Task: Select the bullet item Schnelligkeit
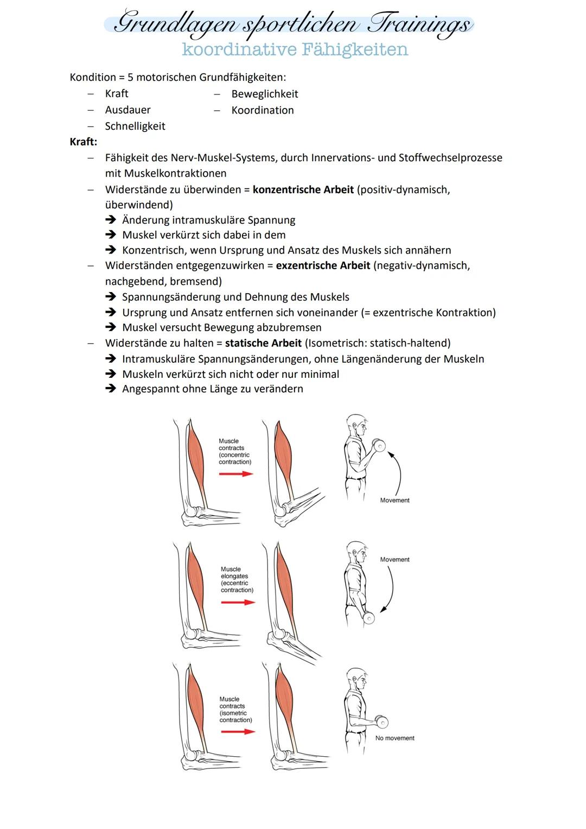pos(135,126)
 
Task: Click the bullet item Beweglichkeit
pos(264,94)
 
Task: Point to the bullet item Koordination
pos(262,110)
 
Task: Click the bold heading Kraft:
pos(84,142)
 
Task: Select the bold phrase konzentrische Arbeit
pos(303,190)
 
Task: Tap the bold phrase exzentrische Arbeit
pos(323,266)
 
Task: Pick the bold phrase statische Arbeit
pos(263,343)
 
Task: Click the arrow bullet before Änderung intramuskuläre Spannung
pos(111,220)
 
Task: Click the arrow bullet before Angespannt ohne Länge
pos(111,389)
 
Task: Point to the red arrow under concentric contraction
pos(236,474)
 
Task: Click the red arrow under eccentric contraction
pos(238,603)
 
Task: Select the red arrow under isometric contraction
pos(238,732)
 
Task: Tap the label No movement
pos(394,738)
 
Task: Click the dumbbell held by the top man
pos(379,446)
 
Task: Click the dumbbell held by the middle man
pos(368,618)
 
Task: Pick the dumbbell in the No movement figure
pos(381,722)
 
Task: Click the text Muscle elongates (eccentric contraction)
pos(237,580)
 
